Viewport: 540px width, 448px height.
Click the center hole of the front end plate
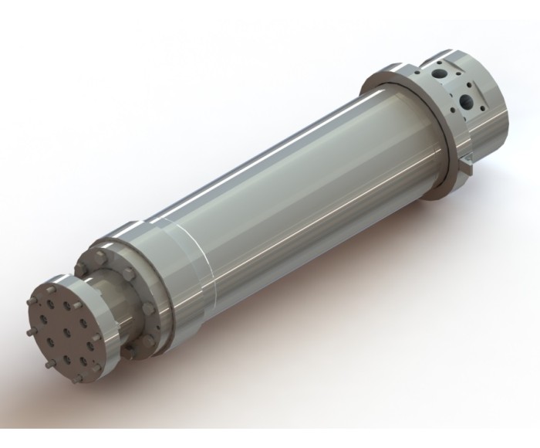pyautogui.click(x=67, y=334)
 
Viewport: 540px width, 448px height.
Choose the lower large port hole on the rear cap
pyautogui.click(x=467, y=101)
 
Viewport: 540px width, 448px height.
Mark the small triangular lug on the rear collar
pyautogui.click(x=468, y=165)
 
